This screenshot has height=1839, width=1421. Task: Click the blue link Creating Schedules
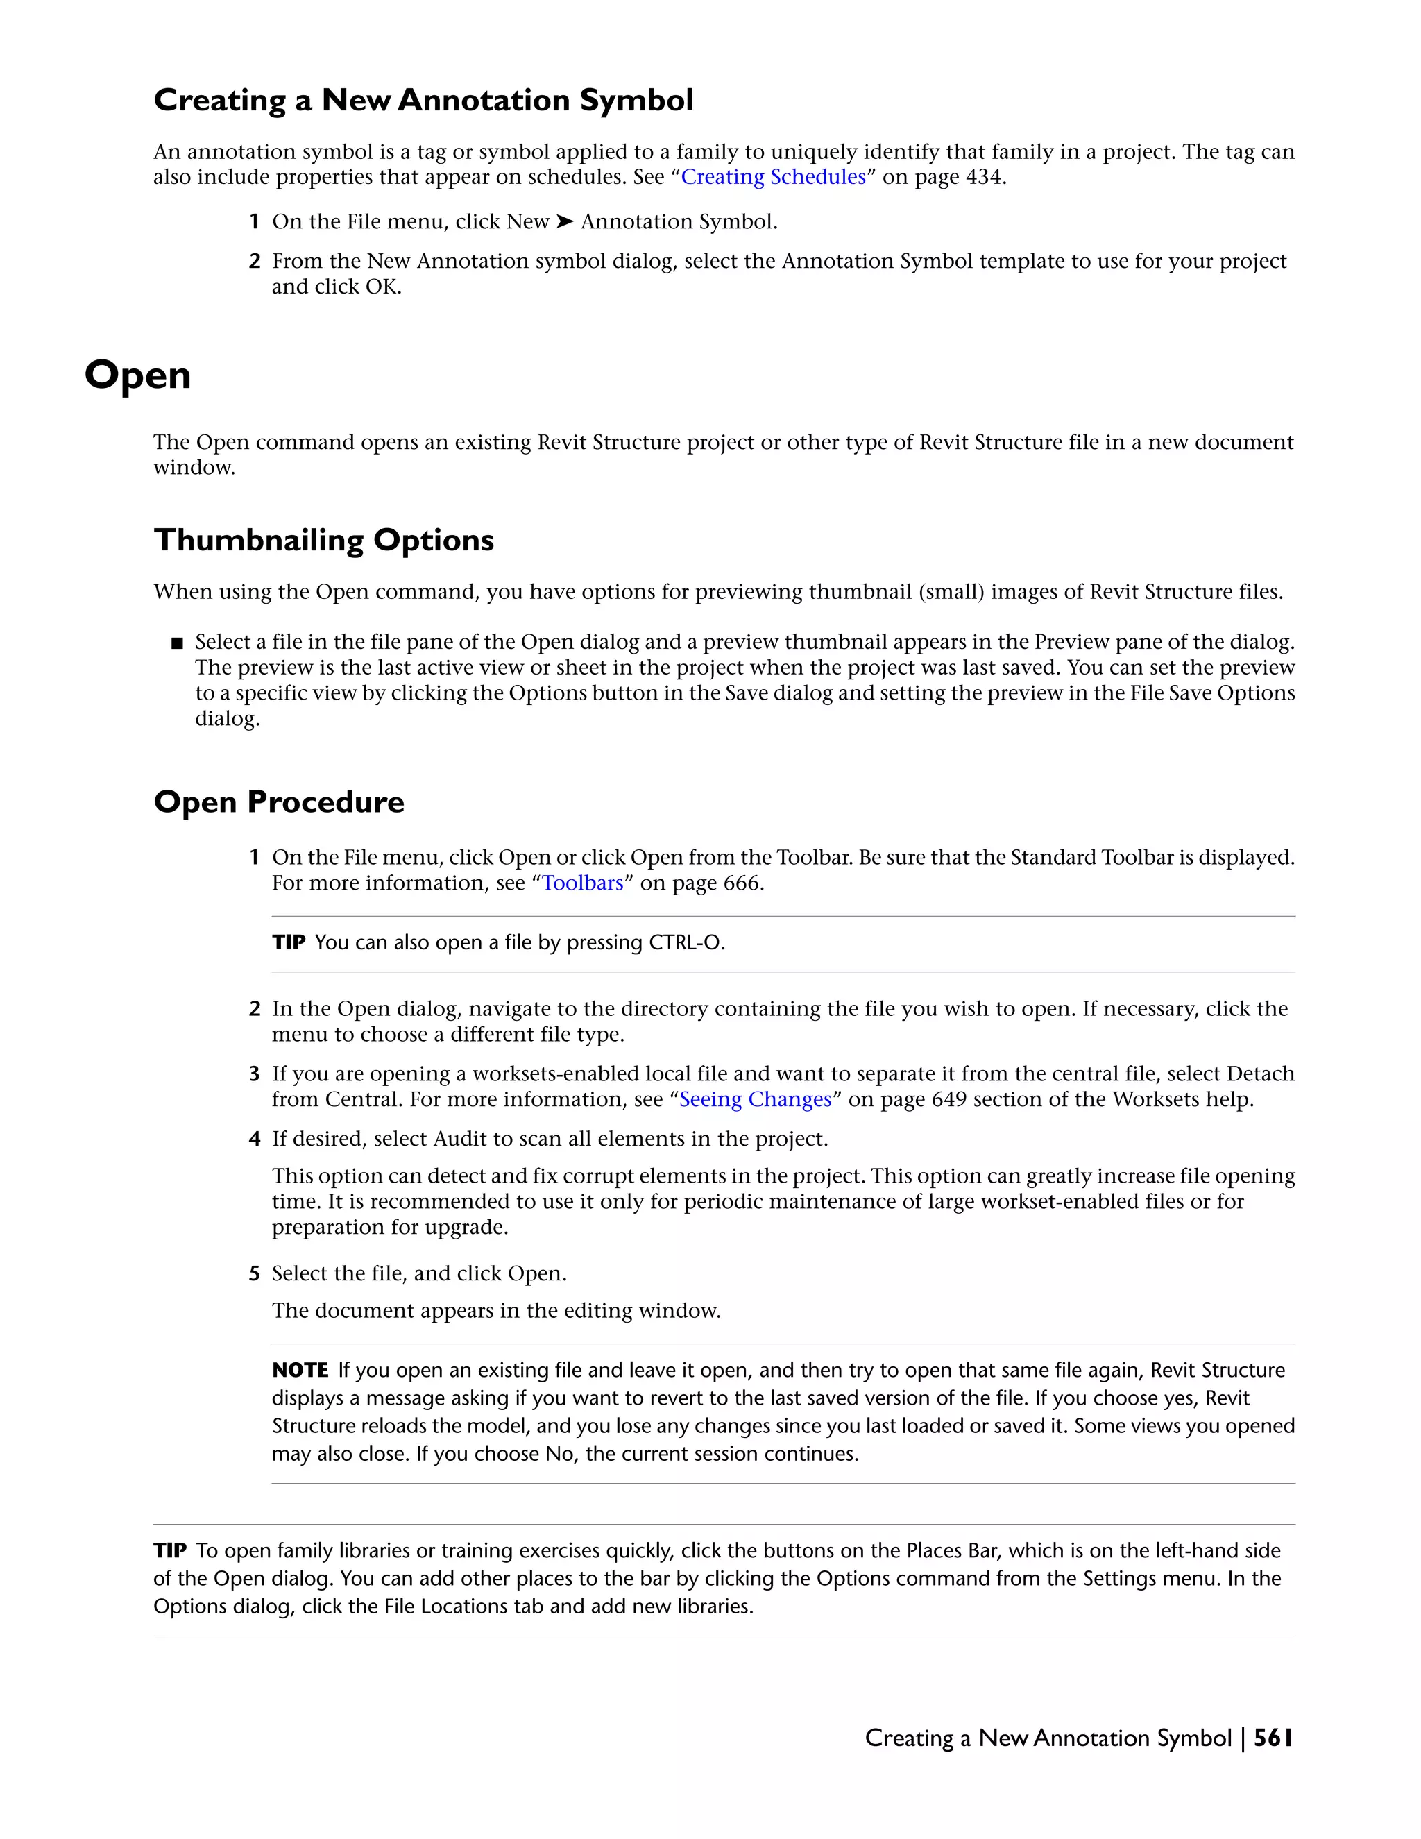coord(773,177)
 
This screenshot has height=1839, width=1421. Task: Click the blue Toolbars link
coord(583,883)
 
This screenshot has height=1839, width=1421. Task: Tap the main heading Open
coord(138,375)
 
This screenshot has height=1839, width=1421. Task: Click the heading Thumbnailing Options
coord(323,540)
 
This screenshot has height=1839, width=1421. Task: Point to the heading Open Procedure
coord(279,802)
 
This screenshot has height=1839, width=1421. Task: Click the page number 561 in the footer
coord(1272,1738)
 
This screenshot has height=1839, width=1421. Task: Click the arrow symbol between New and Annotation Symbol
coord(565,221)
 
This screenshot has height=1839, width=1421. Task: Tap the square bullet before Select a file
coord(177,643)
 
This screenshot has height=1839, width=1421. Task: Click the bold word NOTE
coord(300,1370)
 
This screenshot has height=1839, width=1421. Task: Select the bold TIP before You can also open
coord(288,942)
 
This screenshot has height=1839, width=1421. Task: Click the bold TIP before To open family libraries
coord(170,1550)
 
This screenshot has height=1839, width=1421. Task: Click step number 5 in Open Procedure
coord(254,1273)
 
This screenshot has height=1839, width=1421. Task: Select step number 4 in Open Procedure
coord(254,1139)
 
